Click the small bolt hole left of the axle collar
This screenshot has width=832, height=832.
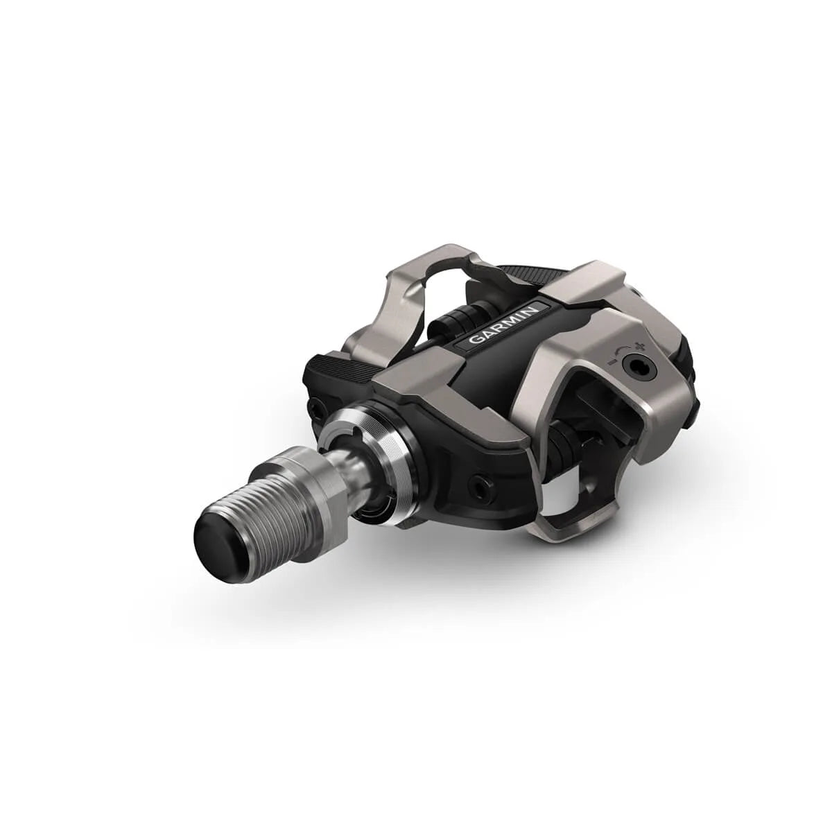[315, 413]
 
